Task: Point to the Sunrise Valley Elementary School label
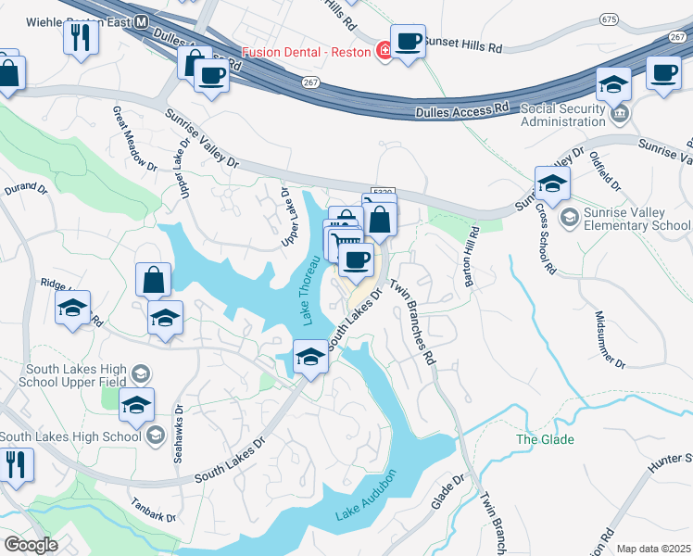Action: [x=635, y=219]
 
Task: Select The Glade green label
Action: [x=545, y=439]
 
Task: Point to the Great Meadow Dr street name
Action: [x=134, y=137]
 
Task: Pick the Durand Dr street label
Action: [x=24, y=189]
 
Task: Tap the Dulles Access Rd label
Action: [x=461, y=109]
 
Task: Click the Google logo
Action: [x=31, y=545]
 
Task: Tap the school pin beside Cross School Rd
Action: [x=551, y=183]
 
